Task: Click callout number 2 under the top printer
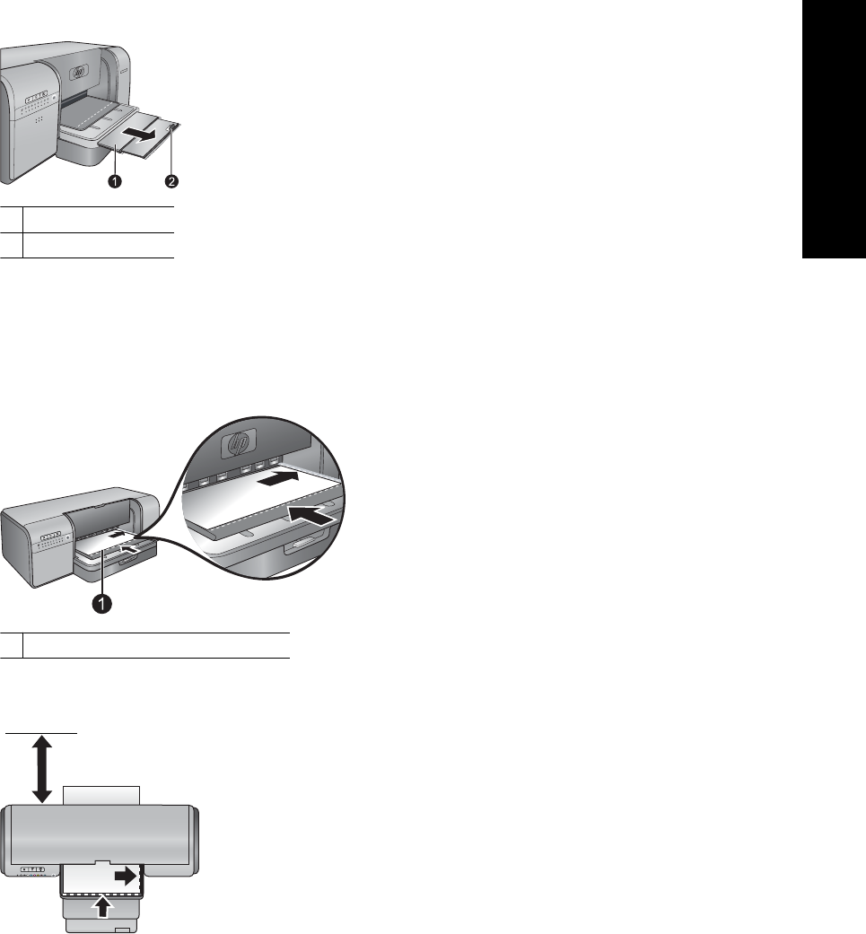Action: [171, 181]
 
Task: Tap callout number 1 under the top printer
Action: [114, 181]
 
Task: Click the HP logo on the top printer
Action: [79, 73]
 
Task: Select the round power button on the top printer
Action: [54, 98]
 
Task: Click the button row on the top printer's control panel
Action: [36, 95]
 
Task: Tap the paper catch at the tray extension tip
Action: [173, 127]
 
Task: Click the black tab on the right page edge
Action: [834, 129]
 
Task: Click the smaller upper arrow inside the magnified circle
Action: [279, 477]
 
